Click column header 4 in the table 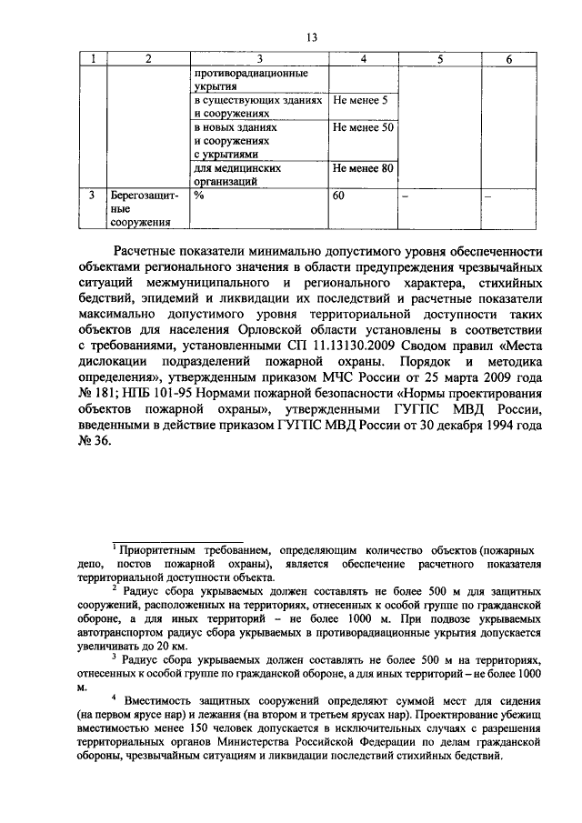coord(363,60)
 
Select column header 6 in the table coord(507,60)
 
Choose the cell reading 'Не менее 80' coord(363,168)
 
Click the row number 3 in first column coord(92,196)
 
